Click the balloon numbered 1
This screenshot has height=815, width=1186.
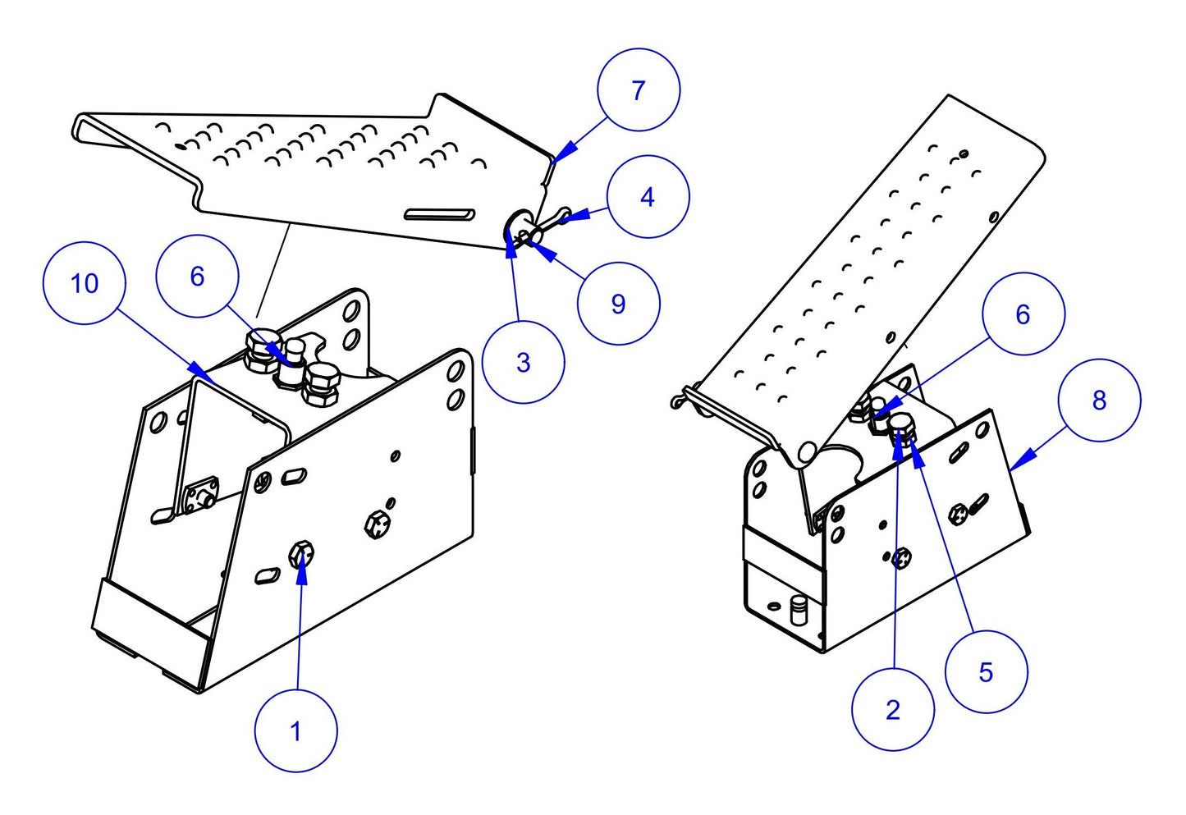(295, 730)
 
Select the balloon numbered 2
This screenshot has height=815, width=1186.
(893, 709)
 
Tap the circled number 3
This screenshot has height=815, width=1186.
(523, 363)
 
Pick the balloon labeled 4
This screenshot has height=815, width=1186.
(648, 197)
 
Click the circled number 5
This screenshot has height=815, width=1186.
(986, 672)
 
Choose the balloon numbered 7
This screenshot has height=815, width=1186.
(639, 89)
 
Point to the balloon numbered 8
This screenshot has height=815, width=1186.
(1099, 400)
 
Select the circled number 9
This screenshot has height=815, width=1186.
(618, 304)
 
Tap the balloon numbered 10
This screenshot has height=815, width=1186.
(84, 283)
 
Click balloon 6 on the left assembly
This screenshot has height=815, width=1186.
(197, 276)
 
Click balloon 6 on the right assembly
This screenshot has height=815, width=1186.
(1023, 314)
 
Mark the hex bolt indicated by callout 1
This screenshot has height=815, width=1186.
(300, 556)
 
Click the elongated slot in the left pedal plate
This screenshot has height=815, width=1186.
(440, 214)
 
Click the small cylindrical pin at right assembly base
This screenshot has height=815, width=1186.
(796, 611)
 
